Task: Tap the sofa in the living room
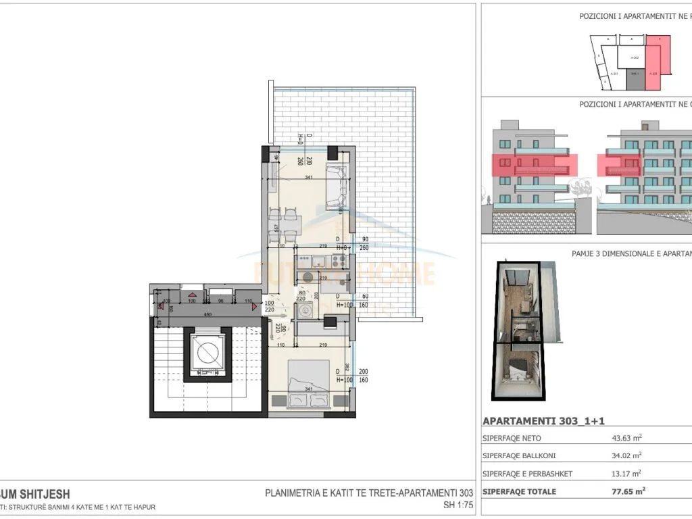[336, 186]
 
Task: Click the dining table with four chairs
[284, 224]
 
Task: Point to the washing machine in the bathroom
[308, 311]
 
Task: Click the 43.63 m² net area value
[626, 439]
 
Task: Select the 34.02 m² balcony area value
[626, 456]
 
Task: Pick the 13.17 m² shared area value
[626, 474]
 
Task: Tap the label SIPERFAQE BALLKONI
[519, 456]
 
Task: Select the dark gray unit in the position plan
[635, 80]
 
